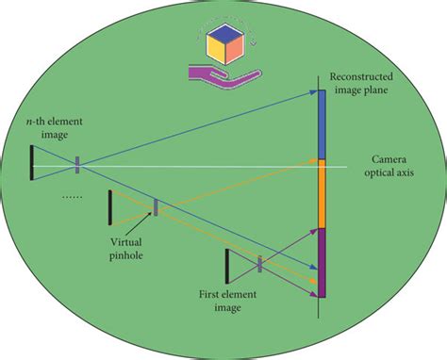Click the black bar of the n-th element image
pyautogui.click(x=31, y=161)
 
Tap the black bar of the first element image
pyautogui.click(x=226, y=266)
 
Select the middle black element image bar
pyautogui.click(x=109, y=207)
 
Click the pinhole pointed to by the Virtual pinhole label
pyautogui.click(x=156, y=206)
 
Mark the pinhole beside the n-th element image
pyautogui.click(x=77, y=164)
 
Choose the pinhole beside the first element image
pyautogui.click(x=259, y=265)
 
